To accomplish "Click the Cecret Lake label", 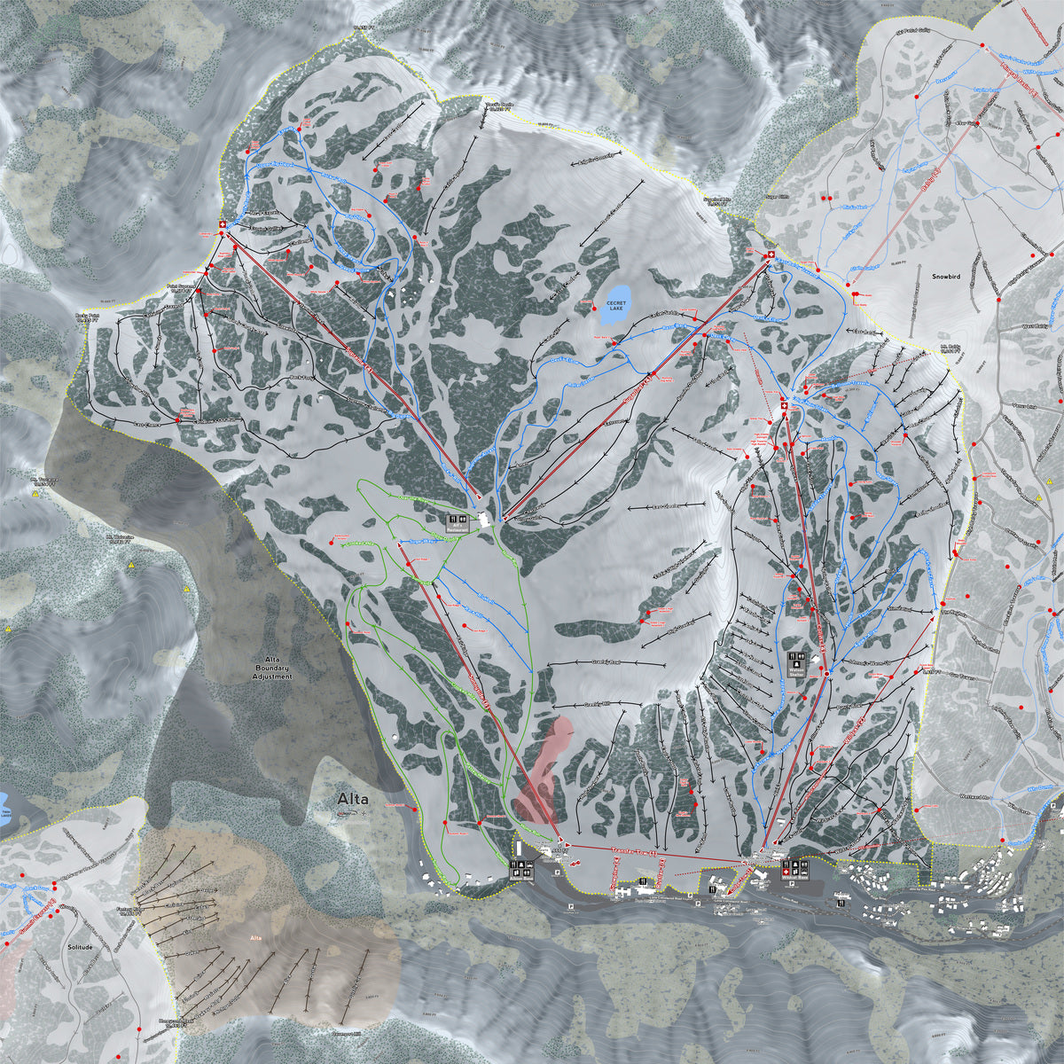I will [x=615, y=306].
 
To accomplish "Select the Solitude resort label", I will [x=80, y=947].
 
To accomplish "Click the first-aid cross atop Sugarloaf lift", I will [x=770, y=257].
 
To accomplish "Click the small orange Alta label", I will [x=257, y=937].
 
